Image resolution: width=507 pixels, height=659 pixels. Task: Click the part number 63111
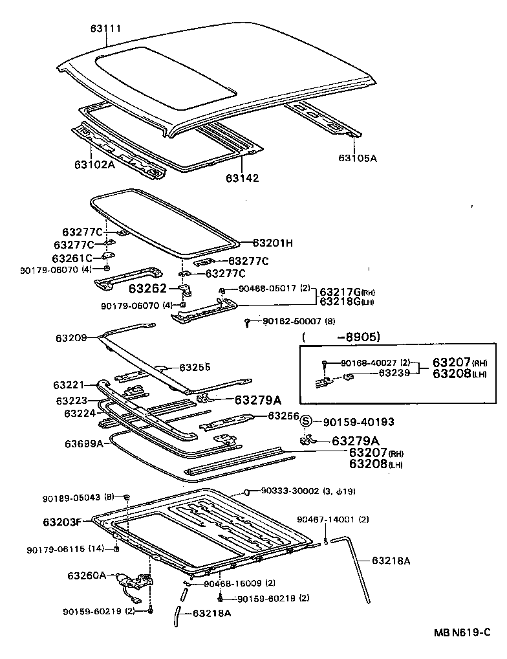105,28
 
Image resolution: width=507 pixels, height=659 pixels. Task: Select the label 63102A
94,164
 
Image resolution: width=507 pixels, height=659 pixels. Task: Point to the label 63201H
272,243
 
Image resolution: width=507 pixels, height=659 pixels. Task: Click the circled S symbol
307,421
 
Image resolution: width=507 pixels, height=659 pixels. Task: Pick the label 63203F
63,522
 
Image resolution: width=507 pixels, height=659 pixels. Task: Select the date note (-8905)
341,337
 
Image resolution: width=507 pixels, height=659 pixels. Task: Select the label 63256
285,416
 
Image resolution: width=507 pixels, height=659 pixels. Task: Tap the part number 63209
71,337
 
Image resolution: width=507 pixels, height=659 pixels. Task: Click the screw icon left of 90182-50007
248,322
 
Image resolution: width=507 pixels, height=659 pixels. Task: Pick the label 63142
243,177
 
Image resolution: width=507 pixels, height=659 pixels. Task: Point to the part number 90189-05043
72,498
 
